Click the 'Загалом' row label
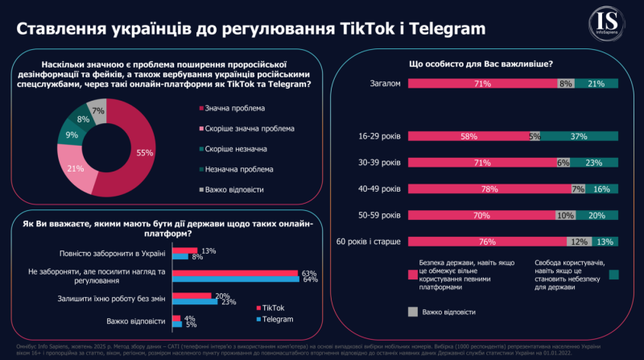384,83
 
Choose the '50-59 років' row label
378,214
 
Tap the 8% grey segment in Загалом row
565,83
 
